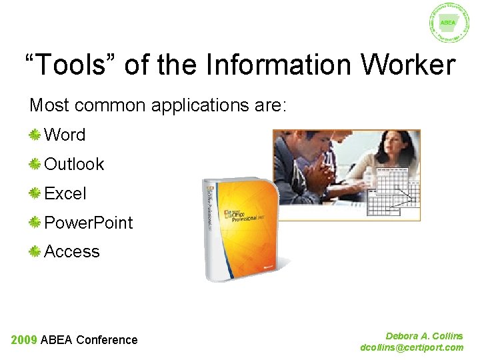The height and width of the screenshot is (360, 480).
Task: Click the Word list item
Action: click(65, 135)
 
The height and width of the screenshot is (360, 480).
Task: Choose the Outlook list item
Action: click(74, 164)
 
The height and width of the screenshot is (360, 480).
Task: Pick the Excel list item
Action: click(65, 193)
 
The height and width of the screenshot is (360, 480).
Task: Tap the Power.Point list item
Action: click(89, 223)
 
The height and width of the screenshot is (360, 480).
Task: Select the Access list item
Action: click(72, 251)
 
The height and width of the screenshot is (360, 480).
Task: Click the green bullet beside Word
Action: click(35, 135)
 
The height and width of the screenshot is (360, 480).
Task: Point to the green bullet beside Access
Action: click(35, 251)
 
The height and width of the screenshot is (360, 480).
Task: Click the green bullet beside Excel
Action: click(35, 193)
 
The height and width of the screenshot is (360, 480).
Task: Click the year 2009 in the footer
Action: click(24, 340)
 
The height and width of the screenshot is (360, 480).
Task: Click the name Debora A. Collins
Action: click(424, 336)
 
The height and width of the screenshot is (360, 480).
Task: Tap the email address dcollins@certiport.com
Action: click(411, 347)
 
